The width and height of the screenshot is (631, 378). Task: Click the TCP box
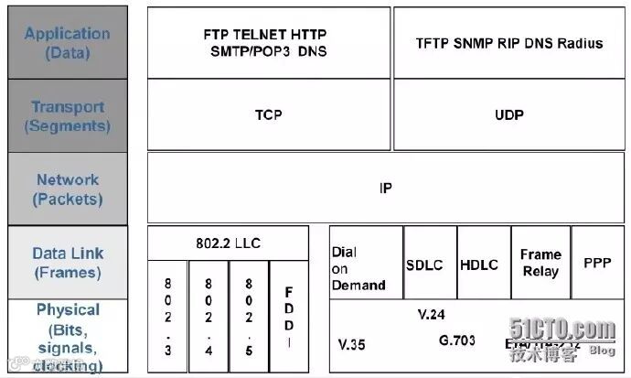point(268,115)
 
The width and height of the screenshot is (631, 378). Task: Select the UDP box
point(508,115)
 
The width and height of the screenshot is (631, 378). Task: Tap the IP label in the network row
point(385,189)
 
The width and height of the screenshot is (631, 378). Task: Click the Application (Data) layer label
point(66,42)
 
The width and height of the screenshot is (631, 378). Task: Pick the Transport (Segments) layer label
point(66,116)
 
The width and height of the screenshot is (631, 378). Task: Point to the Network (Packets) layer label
point(68,189)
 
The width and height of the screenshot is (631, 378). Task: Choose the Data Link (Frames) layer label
point(68,263)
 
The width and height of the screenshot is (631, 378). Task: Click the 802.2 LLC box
point(228,243)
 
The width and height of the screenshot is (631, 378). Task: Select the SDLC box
point(424,264)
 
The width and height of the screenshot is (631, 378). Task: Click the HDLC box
point(478,264)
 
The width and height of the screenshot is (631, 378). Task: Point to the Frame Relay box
point(540,263)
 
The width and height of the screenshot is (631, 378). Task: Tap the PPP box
point(597,263)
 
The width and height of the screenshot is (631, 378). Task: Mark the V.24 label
point(431,315)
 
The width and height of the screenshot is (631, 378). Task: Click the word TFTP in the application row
point(434,42)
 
